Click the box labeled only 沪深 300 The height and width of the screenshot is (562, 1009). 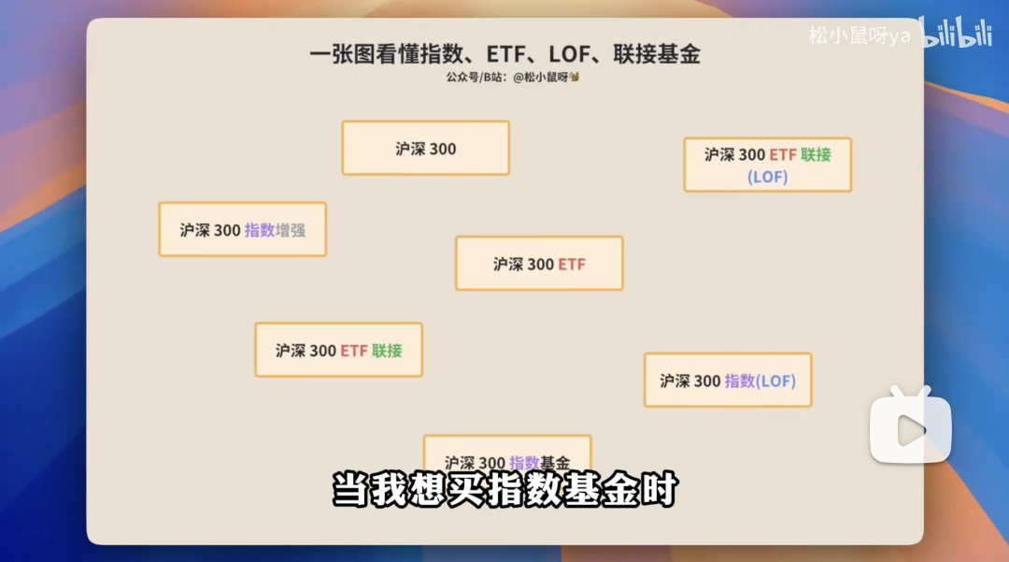click(x=425, y=148)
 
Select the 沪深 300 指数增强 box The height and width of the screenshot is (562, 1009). click(x=242, y=229)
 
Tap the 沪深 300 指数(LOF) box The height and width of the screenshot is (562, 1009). click(x=728, y=380)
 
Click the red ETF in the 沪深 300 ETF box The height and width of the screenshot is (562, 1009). click(x=572, y=264)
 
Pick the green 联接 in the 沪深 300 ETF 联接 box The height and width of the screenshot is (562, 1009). click(x=387, y=351)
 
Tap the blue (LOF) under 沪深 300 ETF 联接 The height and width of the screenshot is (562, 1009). click(x=768, y=176)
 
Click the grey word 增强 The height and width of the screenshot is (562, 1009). click(x=291, y=229)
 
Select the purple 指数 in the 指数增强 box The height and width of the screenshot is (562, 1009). click(x=260, y=229)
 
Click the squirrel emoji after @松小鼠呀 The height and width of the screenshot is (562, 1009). click(x=575, y=77)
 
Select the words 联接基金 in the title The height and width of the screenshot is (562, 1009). click(x=657, y=54)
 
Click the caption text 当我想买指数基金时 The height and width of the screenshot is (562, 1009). click(x=504, y=490)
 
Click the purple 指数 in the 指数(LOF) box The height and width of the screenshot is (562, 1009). click(x=739, y=381)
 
